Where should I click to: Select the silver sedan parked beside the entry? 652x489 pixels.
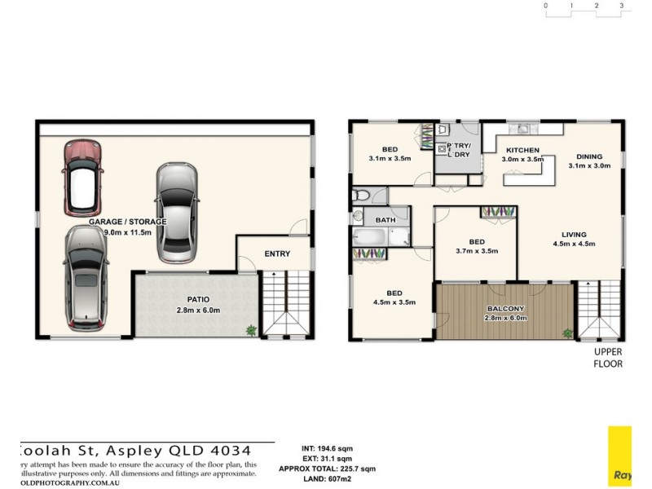click(177, 212)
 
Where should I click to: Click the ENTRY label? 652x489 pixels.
click(277, 253)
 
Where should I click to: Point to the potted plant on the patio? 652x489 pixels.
click(250, 329)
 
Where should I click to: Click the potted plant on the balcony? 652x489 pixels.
click(567, 333)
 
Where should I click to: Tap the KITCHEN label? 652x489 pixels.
click(522, 151)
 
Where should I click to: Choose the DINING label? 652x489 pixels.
click(589, 156)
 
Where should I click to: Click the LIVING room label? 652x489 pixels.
click(574, 234)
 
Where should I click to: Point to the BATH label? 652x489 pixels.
click(385, 220)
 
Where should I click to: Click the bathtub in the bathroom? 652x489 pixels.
click(371, 237)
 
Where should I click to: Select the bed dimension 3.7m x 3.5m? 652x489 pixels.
click(477, 251)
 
